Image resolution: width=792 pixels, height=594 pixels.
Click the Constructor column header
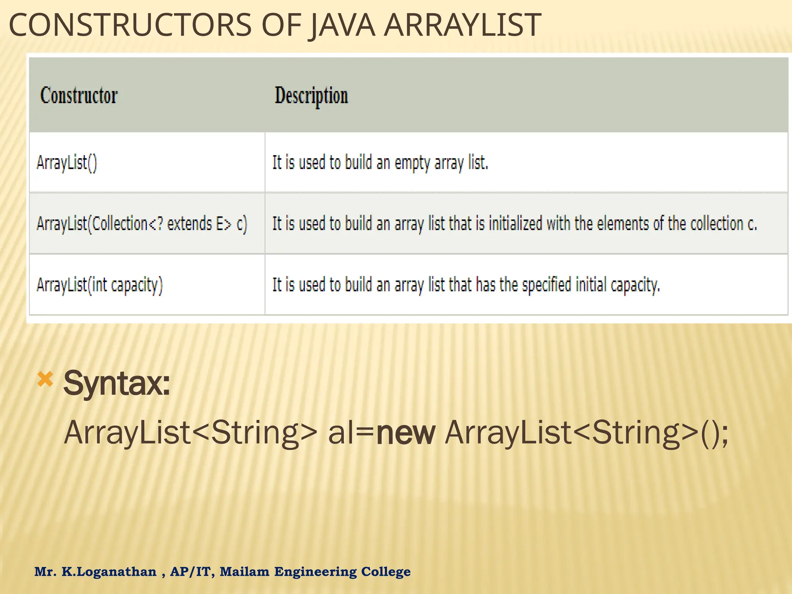pyautogui.click(x=79, y=96)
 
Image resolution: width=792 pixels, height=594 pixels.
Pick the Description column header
pyautogui.click(x=311, y=96)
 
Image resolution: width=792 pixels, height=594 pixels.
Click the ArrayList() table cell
pyautogui.click(x=67, y=162)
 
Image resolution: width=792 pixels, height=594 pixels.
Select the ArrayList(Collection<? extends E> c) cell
pyautogui.click(x=142, y=224)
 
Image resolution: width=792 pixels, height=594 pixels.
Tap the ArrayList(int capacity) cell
pyautogui.click(x=100, y=285)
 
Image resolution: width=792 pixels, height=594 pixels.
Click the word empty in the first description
pyautogui.click(x=412, y=163)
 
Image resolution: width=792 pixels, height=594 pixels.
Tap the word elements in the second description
pyautogui.click(x=623, y=224)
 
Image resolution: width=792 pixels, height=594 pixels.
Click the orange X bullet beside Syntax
pyautogui.click(x=45, y=379)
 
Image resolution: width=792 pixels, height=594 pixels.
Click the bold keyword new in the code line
pyautogui.click(x=406, y=433)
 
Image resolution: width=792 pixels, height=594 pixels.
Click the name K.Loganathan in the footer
pyautogui.click(x=109, y=572)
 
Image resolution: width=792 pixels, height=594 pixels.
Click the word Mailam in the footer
pyautogui.click(x=244, y=572)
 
